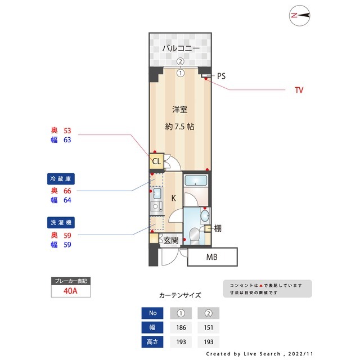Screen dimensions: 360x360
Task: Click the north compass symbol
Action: pyautogui.click(x=299, y=16)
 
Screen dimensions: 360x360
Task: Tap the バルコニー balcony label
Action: pyautogui.click(x=181, y=48)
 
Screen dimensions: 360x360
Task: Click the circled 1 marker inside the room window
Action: pyautogui.click(x=181, y=73)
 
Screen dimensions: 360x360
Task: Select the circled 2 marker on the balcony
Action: pyautogui.click(x=181, y=61)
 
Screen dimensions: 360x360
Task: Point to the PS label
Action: pyautogui.click(x=221, y=76)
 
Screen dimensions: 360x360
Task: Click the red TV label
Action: pyautogui.click(x=299, y=90)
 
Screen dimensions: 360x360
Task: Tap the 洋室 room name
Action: pyautogui.click(x=180, y=110)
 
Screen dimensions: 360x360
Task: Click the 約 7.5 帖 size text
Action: pyautogui.click(x=180, y=127)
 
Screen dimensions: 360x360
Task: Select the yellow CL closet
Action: pyautogui.click(x=156, y=161)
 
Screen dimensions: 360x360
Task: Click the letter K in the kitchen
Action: pyautogui.click(x=174, y=198)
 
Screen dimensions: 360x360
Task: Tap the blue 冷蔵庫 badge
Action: pyautogui.click(x=61, y=179)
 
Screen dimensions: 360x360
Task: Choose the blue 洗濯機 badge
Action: pyautogui.click(x=61, y=223)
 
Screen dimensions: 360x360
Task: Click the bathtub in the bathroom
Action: pyautogui.click(x=196, y=181)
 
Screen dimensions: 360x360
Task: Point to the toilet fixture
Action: pyautogui.click(x=195, y=236)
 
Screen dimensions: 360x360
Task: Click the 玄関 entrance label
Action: pyautogui.click(x=171, y=240)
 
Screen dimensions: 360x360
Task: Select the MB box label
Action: pyautogui.click(x=211, y=257)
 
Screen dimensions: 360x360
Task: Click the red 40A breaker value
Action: pyautogui.click(x=70, y=291)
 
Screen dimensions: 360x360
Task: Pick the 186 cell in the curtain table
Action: pyautogui.click(x=181, y=327)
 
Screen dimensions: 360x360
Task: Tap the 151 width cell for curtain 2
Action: pyautogui.click(x=209, y=327)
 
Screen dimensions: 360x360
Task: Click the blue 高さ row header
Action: pyautogui.click(x=152, y=342)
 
